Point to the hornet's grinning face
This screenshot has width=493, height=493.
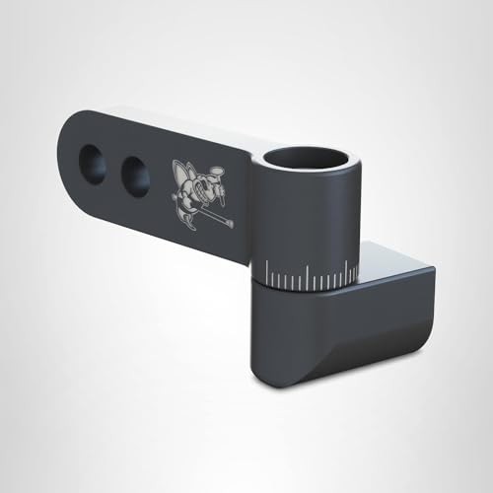tap(210, 179)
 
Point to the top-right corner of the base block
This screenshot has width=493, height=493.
tap(431, 269)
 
